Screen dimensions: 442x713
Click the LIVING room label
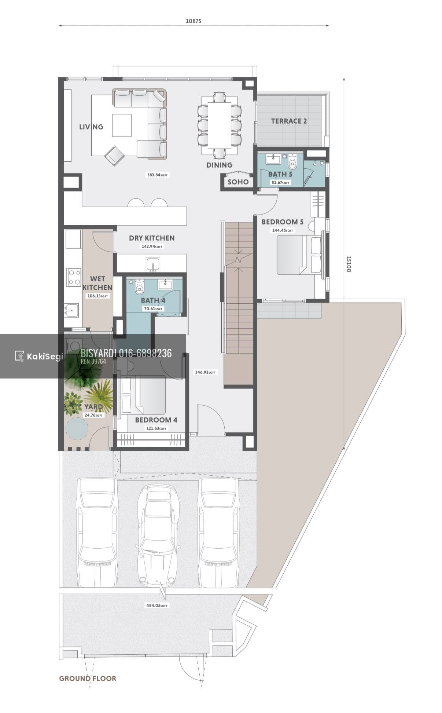coord(91,127)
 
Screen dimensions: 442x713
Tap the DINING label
coord(219,165)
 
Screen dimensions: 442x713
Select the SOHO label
coord(238,182)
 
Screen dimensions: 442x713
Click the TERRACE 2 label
coord(289,121)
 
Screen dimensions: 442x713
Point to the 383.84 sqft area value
coord(158,175)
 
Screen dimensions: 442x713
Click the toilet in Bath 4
coord(140,287)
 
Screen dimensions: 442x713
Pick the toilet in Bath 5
coord(292,161)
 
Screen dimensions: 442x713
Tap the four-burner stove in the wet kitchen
coord(74,277)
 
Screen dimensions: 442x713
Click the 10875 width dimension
coord(193,21)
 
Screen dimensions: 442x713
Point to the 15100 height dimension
coord(349,264)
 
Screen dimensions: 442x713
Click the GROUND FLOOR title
coord(88,679)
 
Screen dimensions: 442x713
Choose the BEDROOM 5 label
coord(282,222)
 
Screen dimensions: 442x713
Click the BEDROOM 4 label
coord(156,420)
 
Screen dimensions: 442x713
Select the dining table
coord(219,125)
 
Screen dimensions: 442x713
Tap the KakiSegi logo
coord(39,356)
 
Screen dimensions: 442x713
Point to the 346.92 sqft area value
coord(206,372)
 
